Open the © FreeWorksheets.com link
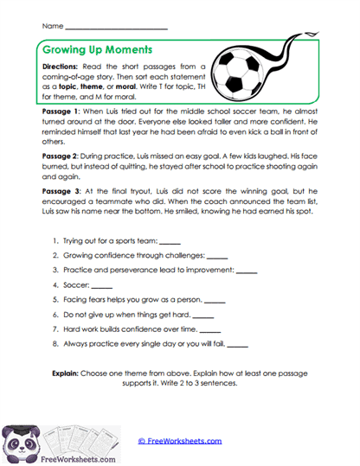(x=179, y=440)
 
